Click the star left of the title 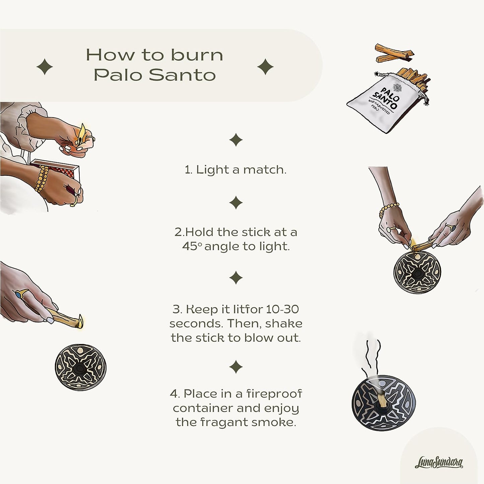pos(45,67)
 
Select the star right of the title pos(265,67)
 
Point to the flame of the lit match pos(82,133)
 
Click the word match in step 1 pos(265,170)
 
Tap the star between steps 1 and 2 pos(236,202)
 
